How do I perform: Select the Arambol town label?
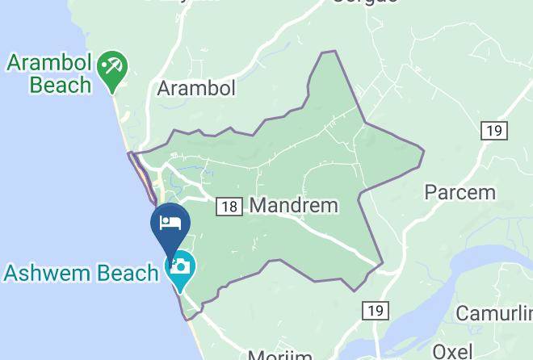tap(196, 87)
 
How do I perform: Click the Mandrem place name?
tap(294, 205)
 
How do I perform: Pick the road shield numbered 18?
tap(229, 207)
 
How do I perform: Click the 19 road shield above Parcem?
tap(492, 130)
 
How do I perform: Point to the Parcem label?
tap(460, 192)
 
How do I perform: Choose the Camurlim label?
tap(494, 313)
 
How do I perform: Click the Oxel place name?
tap(452, 350)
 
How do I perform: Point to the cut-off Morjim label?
tap(279, 355)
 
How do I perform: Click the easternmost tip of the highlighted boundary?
tap(423, 149)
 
